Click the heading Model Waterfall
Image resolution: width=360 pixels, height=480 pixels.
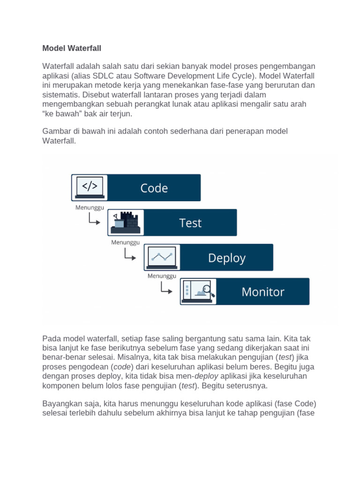click(72, 48)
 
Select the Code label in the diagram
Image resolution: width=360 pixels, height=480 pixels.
click(154, 188)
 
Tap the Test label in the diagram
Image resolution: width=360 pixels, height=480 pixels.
click(190, 223)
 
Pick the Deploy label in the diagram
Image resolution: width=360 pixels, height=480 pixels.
click(226, 257)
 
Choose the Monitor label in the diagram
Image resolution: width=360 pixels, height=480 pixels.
click(262, 292)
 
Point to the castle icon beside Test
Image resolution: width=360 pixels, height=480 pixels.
click(126, 222)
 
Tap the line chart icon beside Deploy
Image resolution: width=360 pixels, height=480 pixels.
click(162, 257)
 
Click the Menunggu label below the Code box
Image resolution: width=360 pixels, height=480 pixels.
click(90, 208)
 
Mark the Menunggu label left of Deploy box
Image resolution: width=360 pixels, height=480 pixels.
click(126, 242)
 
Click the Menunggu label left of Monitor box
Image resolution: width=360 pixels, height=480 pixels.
click(162, 276)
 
